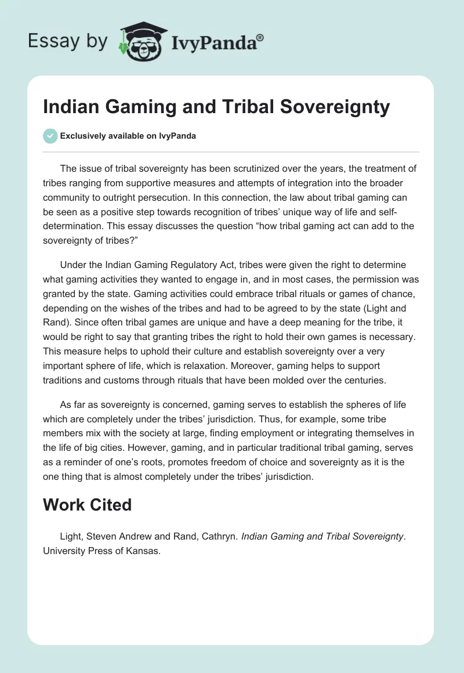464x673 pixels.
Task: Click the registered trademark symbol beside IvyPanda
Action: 261,38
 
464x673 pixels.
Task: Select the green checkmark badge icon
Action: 50,136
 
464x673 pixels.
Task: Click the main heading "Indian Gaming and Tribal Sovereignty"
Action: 216,107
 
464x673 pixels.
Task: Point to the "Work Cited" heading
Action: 87,504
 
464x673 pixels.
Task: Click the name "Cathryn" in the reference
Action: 216,537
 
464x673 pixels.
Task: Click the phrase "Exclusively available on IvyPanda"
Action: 128,136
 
